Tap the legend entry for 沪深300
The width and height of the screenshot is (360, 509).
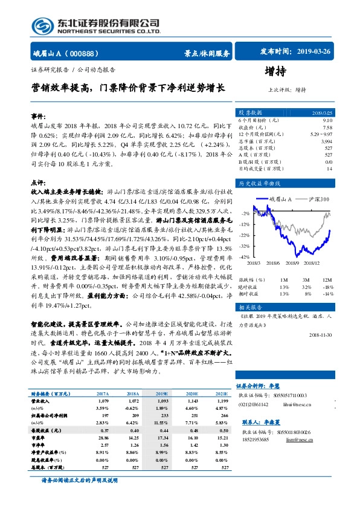(315, 199)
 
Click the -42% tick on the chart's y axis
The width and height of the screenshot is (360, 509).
(244, 257)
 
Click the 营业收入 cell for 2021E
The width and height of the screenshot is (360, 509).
(223, 401)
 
